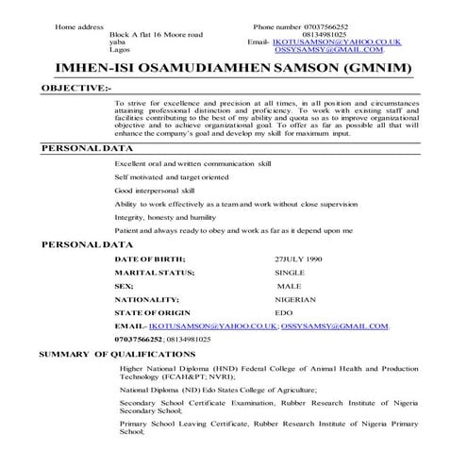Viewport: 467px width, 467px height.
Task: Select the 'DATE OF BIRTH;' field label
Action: click(x=149, y=258)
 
